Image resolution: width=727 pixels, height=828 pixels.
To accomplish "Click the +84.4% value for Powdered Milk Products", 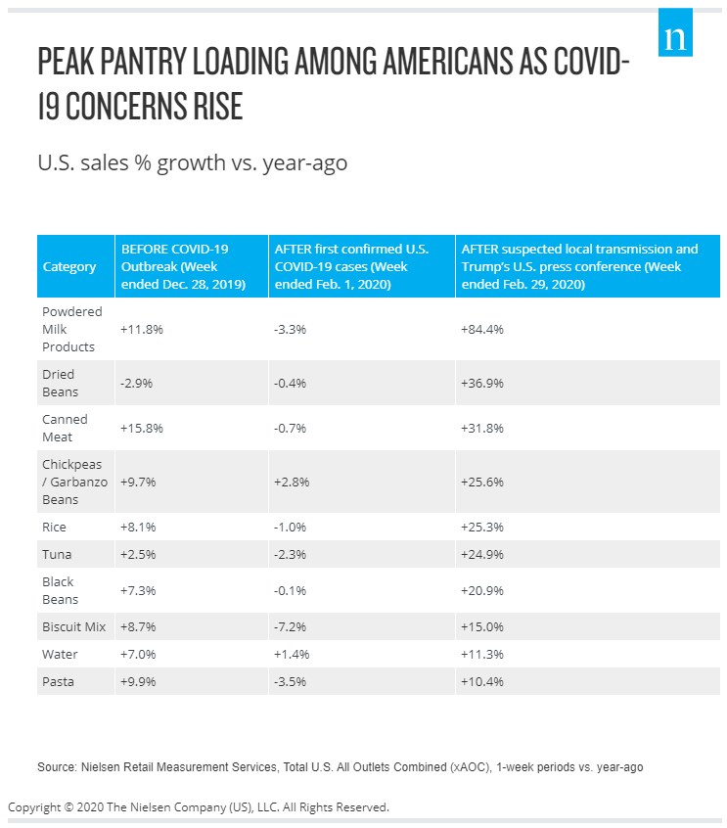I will click(x=481, y=330).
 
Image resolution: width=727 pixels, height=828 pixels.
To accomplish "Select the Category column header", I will click(x=69, y=266).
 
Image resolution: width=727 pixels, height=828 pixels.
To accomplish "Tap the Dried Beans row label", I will click(x=59, y=383).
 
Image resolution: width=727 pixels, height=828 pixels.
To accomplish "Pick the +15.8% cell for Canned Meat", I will click(x=142, y=428).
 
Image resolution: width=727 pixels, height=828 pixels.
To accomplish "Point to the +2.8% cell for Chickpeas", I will click(x=291, y=483).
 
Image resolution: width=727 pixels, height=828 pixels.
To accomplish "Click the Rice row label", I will click(x=56, y=527).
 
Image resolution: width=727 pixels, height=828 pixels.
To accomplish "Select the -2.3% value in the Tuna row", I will click(x=291, y=554).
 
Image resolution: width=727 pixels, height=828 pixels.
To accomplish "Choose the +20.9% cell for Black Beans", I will click(x=481, y=590).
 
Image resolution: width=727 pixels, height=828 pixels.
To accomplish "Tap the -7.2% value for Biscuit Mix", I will click(x=291, y=626).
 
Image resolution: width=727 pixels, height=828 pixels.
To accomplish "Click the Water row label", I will click(x=60, y=654).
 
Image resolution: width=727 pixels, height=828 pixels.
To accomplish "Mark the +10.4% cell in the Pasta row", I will click(x=481, y=681).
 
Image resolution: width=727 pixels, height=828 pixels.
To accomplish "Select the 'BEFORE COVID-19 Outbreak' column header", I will click(x=187, y=266).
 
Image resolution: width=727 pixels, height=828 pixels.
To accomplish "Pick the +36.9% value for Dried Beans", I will click(x=481, y=383).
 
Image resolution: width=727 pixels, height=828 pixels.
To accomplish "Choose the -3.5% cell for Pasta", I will click(x=291, y=681).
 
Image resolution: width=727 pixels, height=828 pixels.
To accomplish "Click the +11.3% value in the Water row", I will click(x=481, y=654).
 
